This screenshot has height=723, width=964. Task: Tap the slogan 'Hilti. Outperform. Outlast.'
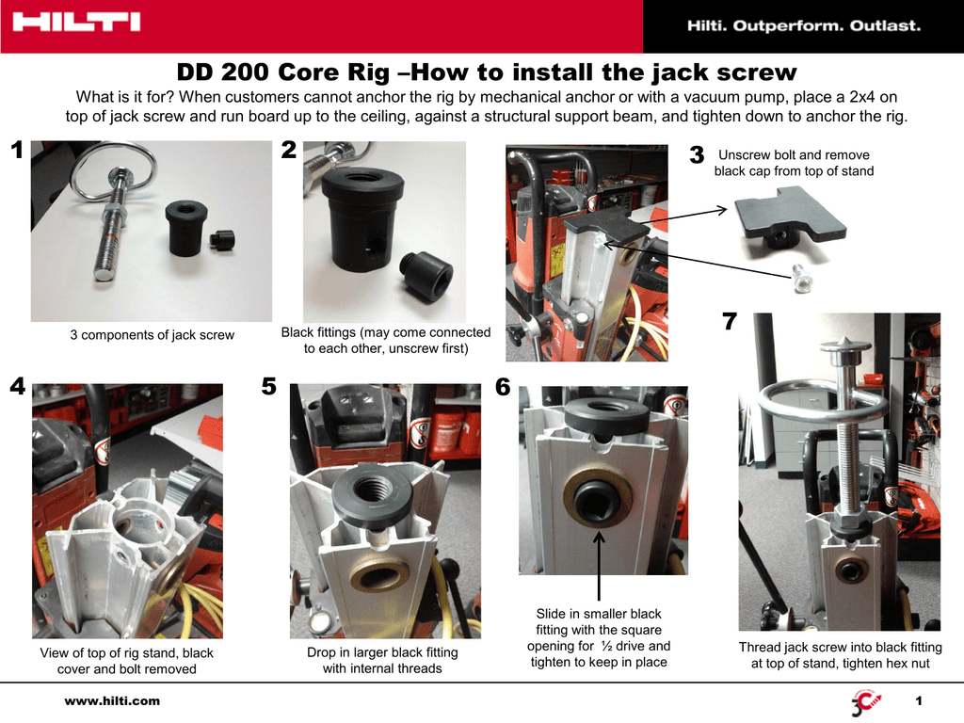tap(803, 26)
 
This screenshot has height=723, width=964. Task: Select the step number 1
tap(16, 151)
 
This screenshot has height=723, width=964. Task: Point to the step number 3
tap(697, 156)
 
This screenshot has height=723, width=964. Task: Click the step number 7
tap(730, 322)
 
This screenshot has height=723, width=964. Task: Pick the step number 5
tap(269, 387)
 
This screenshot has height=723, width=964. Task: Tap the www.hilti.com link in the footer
tap(111, 700)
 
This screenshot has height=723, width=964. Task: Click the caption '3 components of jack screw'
tap(152, 335)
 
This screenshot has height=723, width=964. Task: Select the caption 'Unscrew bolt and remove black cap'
tap(794, 163)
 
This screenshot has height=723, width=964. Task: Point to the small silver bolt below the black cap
tap(802, 277)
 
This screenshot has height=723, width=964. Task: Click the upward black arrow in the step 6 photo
tap(600, 565)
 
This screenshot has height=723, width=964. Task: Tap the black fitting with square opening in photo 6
tap(598, 495)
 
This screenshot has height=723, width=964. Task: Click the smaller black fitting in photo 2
tap(426, 276)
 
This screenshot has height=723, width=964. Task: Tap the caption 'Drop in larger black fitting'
tap(382, 660)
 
